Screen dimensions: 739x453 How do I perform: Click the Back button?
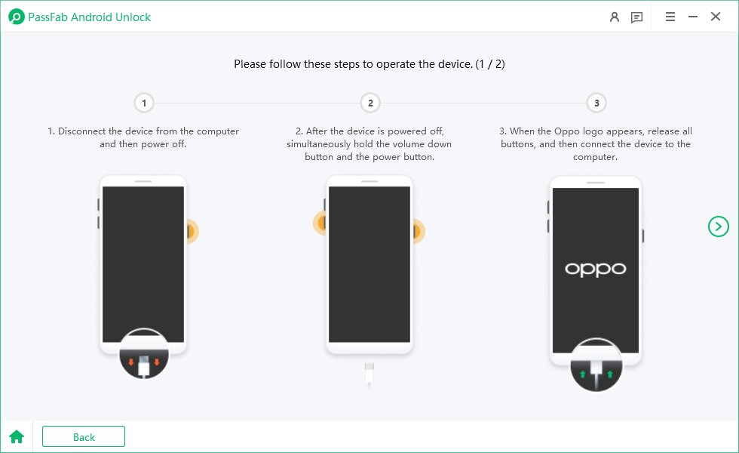click(x=84, y=436)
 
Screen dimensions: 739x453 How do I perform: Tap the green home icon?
click(x=17, y=437)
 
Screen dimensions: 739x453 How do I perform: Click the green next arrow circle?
click(x=718, y=226)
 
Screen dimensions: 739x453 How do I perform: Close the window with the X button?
click(x=716, y=17)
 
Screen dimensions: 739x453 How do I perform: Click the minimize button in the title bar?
click(x=693, y=17)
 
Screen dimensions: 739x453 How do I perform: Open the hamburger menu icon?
click(x=670, y=17)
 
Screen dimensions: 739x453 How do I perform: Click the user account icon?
click(x=615, y=17)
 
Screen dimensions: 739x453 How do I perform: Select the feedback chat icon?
click(x=636, y=17)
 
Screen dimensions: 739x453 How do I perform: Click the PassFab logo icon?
click(x=17, y=17)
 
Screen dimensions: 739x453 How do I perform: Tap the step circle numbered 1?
click(x=144, y=103)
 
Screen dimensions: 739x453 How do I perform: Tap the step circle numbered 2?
click(x=370, y=103)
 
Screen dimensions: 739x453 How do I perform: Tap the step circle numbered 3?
click(x=596, y=103)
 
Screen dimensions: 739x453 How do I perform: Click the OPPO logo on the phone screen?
click(x=596, y=270)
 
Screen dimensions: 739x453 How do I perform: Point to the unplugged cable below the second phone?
click(x=369, y=374)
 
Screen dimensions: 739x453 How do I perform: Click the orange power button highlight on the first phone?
click(x=192, y=231)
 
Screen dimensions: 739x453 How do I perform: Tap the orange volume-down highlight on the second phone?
click(x=320, y=223)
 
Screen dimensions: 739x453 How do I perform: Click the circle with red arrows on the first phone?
click(x=144, y=354)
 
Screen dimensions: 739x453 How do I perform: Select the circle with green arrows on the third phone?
click(x=596, y=365)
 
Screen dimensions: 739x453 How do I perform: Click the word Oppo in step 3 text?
click(x=567, y=131)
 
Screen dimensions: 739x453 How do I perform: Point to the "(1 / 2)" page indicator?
click(x=490, y=64)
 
